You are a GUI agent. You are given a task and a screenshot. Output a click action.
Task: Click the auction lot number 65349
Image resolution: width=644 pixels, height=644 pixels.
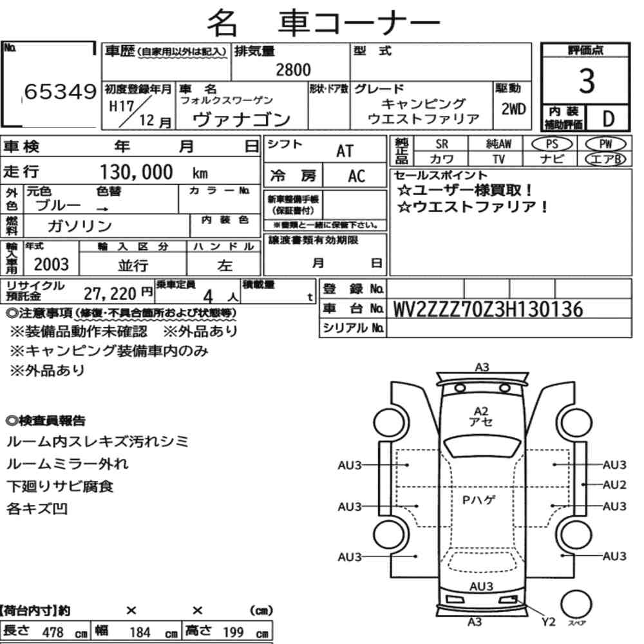[x=61, y=91]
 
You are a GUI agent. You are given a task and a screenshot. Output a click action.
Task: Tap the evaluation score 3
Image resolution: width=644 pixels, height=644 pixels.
[x=587, y=80]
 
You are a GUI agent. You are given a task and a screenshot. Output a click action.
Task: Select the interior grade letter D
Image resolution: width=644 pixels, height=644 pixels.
[x=609, y=118]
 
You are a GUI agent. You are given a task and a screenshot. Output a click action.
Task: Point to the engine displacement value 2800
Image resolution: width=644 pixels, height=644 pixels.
[x=293, y=70]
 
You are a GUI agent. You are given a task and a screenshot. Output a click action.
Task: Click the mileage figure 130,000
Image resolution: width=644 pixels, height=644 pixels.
[x=137, y=172]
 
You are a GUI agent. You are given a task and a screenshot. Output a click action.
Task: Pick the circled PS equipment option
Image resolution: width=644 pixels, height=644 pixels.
[x=552, y=144]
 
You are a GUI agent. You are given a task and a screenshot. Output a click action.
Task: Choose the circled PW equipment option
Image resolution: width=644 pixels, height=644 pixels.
[x=605, y=144]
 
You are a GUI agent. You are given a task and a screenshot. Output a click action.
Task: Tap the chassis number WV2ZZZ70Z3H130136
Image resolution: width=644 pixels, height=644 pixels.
[x=488, y=309]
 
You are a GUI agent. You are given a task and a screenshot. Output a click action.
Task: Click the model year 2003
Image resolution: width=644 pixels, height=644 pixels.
[x=52, y=265]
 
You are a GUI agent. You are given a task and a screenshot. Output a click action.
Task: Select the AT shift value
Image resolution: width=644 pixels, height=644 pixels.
[x=345, y=151]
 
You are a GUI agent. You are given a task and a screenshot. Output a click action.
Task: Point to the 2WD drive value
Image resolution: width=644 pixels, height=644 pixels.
[x=513, y=109]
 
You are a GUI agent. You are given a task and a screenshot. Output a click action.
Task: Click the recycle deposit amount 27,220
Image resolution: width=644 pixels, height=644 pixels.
[x=109, y=294]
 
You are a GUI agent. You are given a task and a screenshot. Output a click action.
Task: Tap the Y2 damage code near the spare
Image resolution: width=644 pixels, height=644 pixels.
[x=548, y=622]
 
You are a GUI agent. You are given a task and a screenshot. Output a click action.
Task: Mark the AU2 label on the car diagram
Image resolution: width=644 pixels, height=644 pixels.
[x=614, y=485]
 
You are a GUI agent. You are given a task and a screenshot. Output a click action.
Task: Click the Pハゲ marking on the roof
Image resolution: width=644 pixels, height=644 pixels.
[x=478, y=500]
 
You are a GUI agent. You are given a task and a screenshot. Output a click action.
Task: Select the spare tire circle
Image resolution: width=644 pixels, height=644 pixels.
[x=576, y=605]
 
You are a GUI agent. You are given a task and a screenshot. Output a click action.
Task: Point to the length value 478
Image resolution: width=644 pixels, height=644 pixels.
[x=53, y=632]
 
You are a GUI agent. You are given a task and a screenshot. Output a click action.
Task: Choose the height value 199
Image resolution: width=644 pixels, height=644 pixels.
[x=233, y=632]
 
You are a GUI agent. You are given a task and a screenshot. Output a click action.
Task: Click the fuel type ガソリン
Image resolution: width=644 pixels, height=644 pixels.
[x=80, y=226]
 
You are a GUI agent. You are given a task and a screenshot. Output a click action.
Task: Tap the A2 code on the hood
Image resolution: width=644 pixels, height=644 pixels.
[x=480, y=411]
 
